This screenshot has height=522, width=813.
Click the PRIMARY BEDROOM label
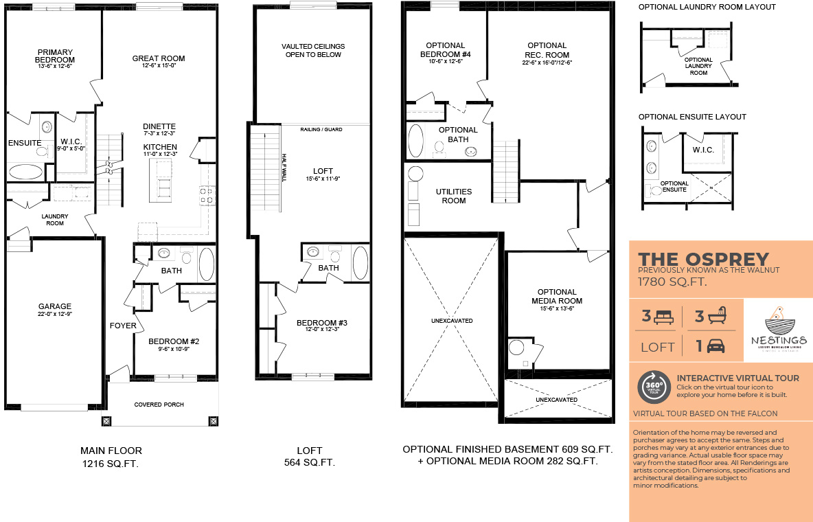(x=55, y=56)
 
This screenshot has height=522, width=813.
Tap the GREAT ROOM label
(x=159, y=58)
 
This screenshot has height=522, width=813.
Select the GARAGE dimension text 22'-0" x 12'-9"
(x=54, y=315)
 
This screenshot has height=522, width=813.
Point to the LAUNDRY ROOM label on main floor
(x=55, y=219)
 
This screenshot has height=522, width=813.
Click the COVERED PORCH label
(x=159, y=405)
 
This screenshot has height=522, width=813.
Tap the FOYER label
(x=122, y=326)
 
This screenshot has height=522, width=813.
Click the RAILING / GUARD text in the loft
(x=321, y=129)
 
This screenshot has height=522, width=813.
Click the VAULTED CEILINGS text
(x=313, y=47)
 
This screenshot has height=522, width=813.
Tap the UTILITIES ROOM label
(x=454, y=196)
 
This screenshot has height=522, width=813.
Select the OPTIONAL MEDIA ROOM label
(x=556, y=296)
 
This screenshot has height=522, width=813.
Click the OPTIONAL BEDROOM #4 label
(x=445, y=49)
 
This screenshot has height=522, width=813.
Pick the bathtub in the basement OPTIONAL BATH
(x=416, y=141)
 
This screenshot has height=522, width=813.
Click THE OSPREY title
(x=703, y=259)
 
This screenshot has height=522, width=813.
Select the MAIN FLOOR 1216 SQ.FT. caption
(x=111, y=457)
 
